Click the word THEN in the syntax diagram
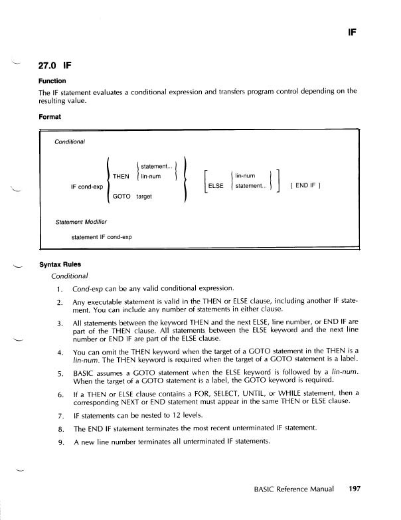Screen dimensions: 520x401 point(121,176)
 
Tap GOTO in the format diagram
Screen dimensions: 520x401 point(121,197)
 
